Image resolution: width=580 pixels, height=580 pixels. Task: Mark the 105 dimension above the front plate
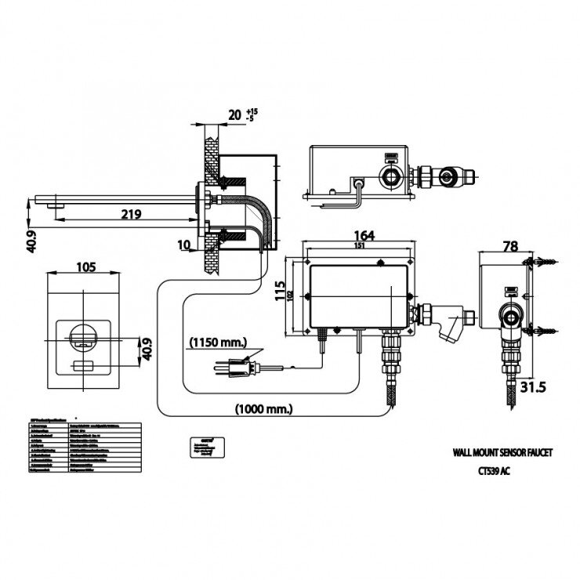pyautogui.click(x=85, y=266)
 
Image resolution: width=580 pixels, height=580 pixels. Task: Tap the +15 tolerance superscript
pyautogui.click(x=251, y=111)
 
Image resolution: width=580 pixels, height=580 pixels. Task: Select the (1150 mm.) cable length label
pyautogui.click(x=218, y=343)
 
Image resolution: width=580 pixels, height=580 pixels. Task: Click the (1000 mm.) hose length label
pyautogui.click(x=263, y=408)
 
